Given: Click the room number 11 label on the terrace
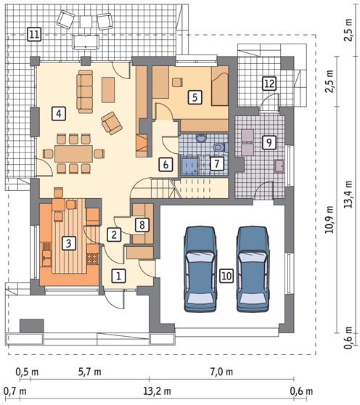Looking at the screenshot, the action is (34, 34).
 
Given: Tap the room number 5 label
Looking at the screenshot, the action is (195, 97).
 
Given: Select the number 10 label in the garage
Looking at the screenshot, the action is (226, 276).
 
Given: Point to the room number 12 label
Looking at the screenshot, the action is (269, 83).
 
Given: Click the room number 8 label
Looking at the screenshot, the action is (142, 224).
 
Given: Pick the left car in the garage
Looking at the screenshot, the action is (200, 269).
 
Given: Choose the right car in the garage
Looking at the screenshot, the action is (253, 269).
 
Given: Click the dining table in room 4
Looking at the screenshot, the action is (73, 154).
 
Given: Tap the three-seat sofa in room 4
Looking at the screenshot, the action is (85, 91).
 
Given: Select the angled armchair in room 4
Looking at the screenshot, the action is (112, 123).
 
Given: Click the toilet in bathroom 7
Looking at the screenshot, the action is (221, 147).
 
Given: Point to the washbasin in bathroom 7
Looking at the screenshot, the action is (200, 138).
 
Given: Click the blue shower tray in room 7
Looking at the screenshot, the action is (190, 165).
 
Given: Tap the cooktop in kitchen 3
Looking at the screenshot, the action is (92, 259).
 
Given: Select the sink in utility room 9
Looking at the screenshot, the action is (279, 166).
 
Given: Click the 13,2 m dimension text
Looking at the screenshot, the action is (157, 391).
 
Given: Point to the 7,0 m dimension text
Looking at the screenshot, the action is (221, 372).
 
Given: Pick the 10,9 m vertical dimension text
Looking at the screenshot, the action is (330, 219).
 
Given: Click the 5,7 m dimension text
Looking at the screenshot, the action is (89, 372).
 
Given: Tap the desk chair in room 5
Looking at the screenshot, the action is (177, 82).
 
